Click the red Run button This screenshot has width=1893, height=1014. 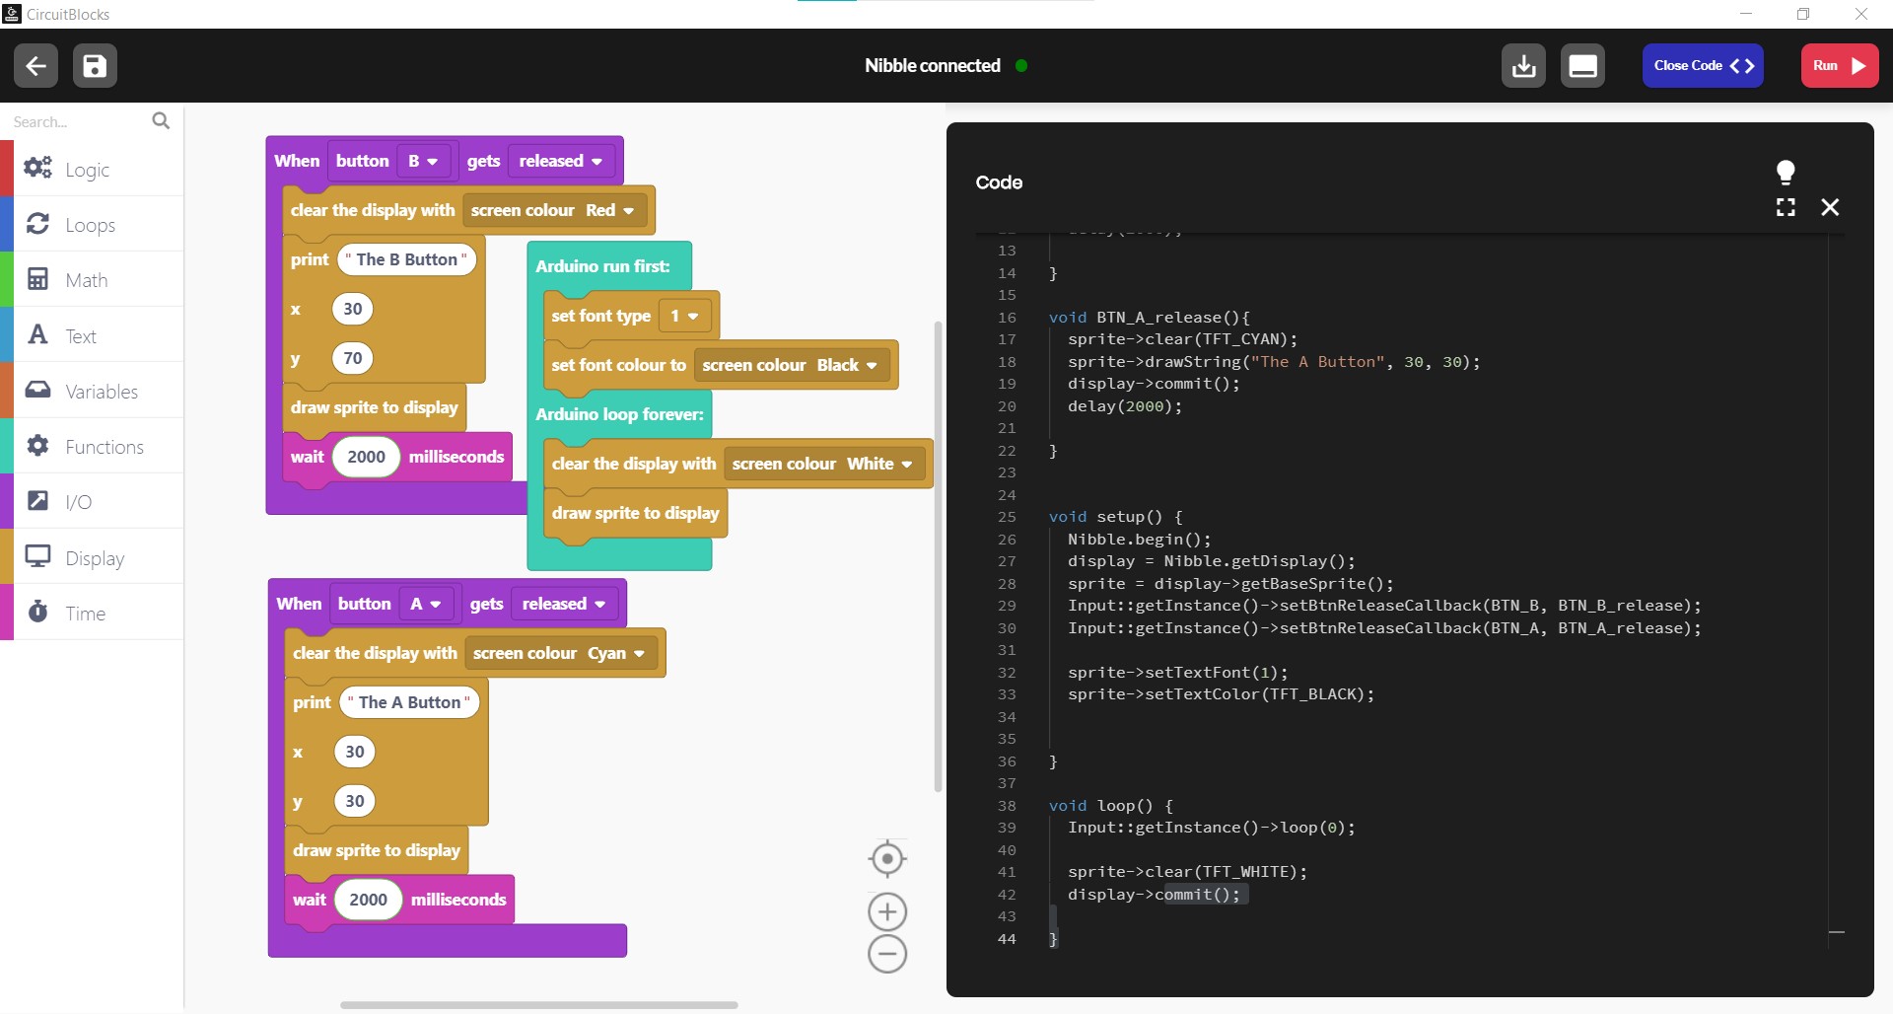tap(1839, 66)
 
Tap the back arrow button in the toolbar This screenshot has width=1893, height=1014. tap(35, 66)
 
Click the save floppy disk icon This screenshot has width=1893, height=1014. tap(95, 66)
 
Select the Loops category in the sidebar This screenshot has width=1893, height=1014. tap(92, 224)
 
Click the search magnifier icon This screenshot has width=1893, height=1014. tap(161, 120)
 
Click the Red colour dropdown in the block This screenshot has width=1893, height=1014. tap(610, 210)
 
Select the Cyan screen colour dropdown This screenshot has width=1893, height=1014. tap(616, 653)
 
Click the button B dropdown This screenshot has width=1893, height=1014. tap(423, 161)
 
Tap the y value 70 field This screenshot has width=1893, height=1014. tap(353, 358)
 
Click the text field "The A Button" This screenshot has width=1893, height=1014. tap(409, 702)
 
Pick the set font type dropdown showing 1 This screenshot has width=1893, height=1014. tap(684, 316)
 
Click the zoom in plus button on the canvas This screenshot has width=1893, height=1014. tap(887, 911)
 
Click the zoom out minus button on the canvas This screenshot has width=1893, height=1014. tap(887, 954)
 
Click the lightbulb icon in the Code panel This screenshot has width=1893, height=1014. tap(1786, 172)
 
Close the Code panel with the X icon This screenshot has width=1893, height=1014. tap(1830, 207)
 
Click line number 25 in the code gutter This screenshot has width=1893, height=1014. tap(1007, 517)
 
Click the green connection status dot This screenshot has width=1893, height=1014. tap(1021, 66)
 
